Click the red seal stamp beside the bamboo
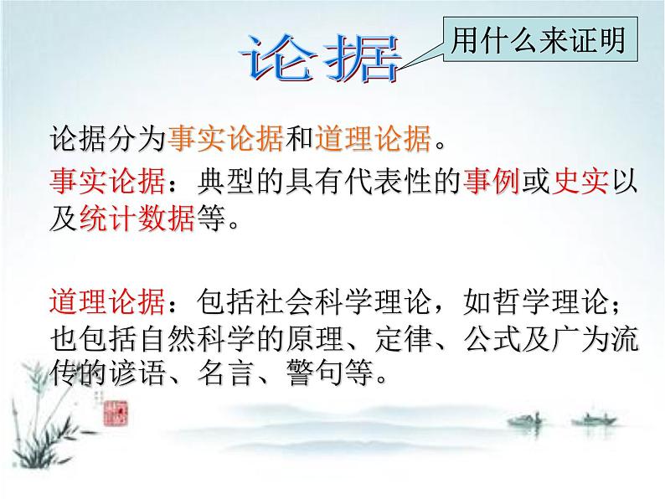pyautogui.click(x=119, y=414)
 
